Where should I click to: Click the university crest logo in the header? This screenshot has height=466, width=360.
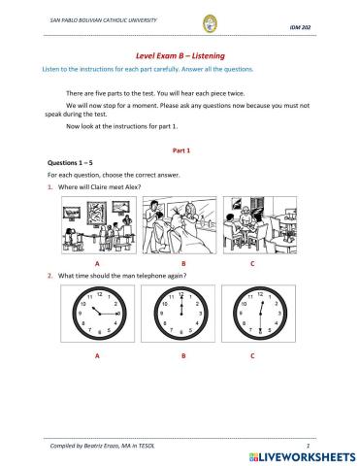coord(181,23)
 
